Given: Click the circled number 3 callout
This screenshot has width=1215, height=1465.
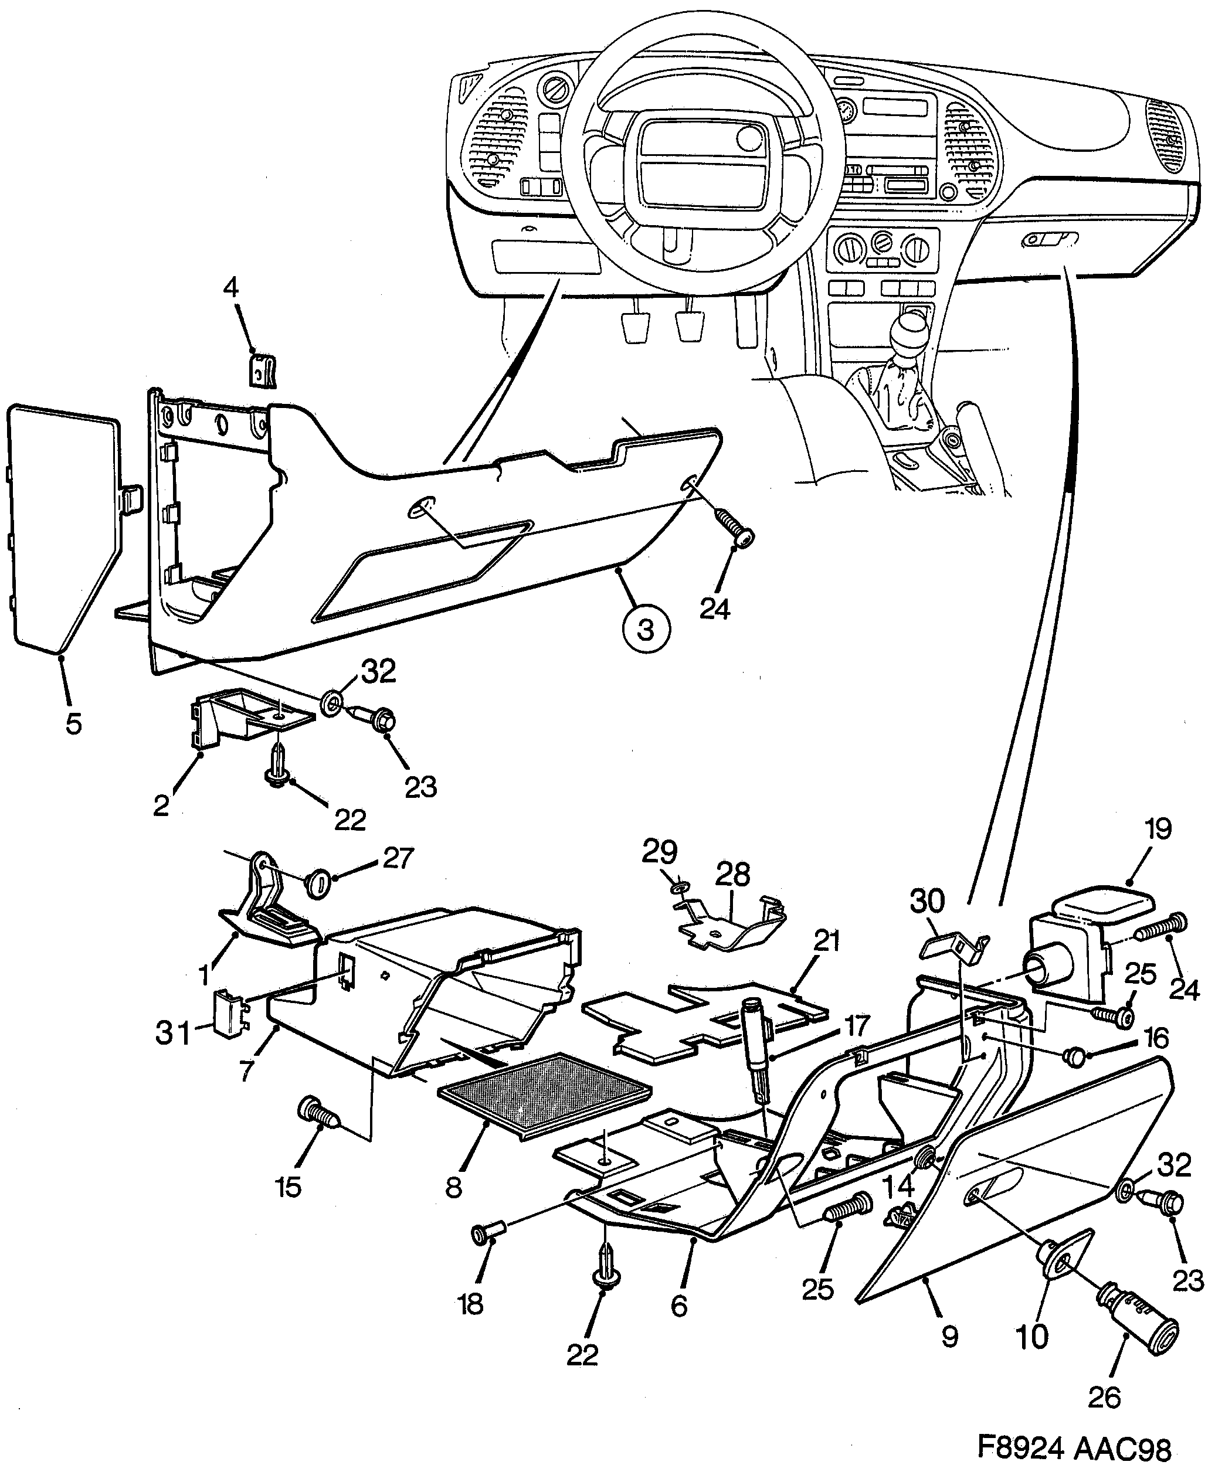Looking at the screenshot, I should pos(646,630).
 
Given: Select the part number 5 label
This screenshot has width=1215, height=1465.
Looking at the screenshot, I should pos(74,723).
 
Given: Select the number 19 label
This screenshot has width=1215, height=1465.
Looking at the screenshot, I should pos(1157,830).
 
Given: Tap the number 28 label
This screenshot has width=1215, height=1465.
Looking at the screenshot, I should pos(732,874).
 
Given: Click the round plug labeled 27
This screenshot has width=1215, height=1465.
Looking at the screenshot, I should pos(315,885).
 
